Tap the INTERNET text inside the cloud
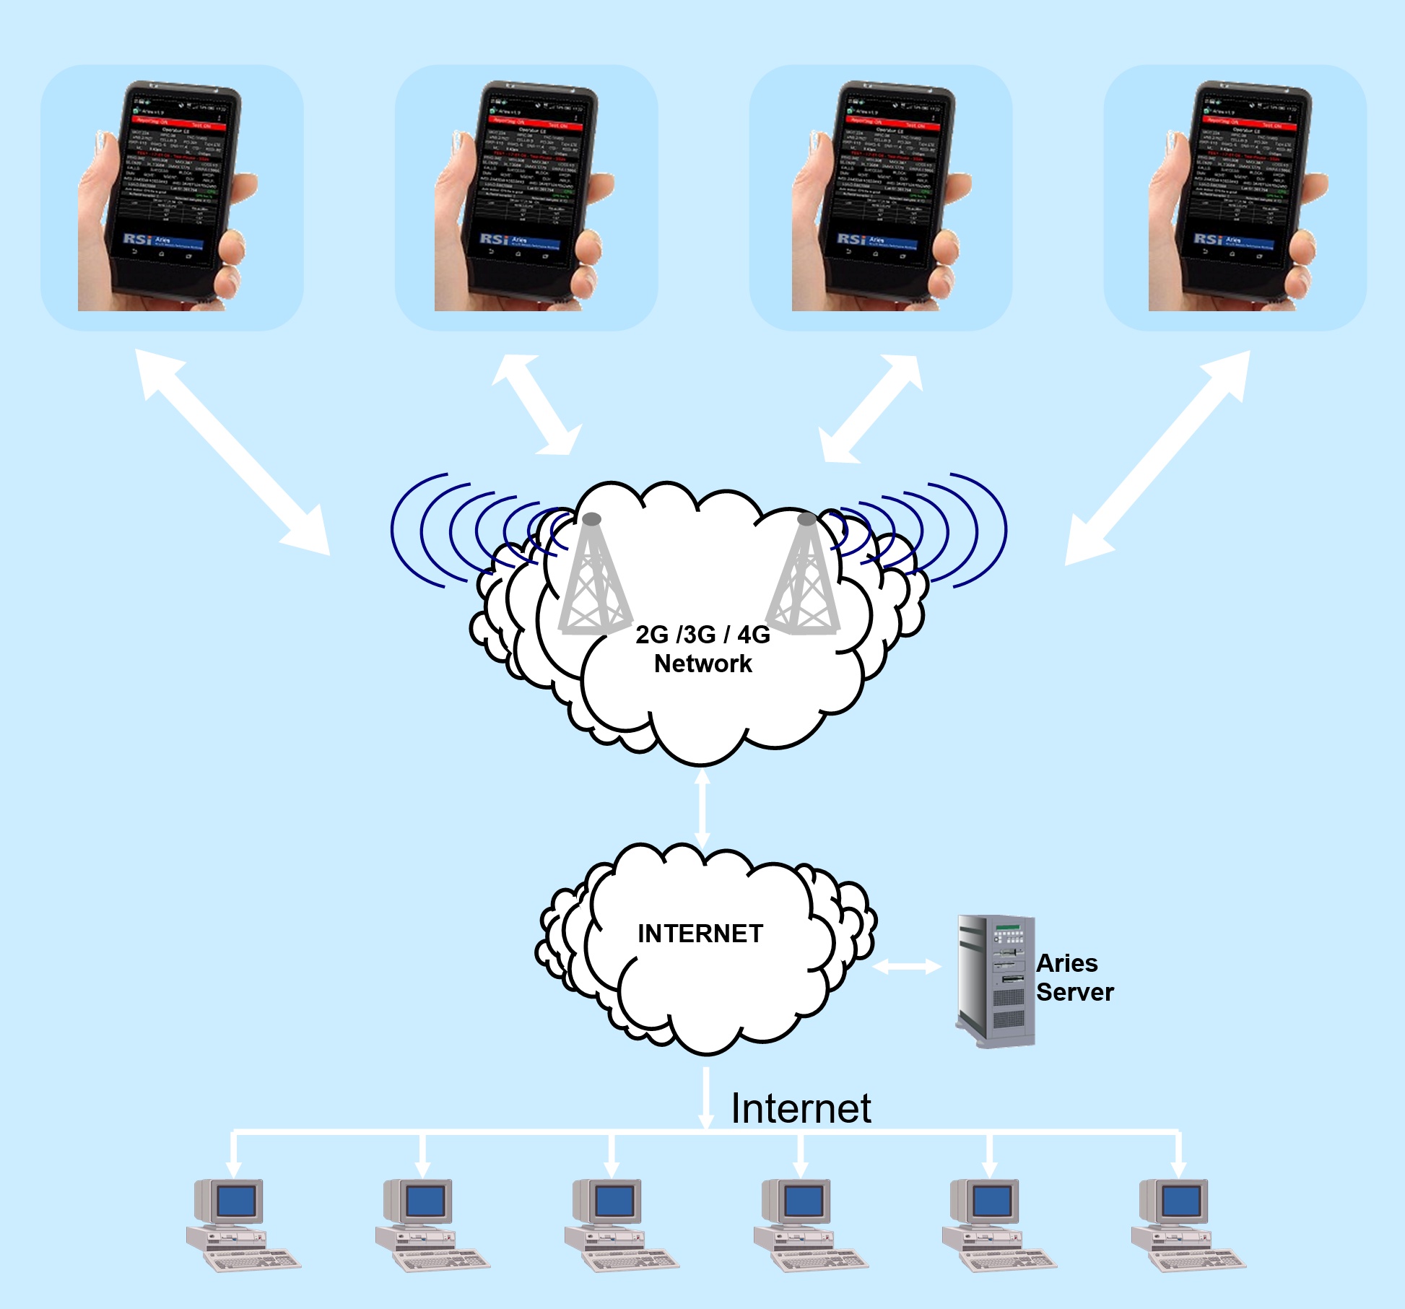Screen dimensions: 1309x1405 (700, 934)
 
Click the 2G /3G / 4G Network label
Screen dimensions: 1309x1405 (702, 649)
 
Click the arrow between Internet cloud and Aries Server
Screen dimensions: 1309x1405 (907, 967)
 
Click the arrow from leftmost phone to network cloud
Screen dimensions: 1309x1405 (232, 453)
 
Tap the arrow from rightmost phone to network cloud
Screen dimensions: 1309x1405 (1157, 457)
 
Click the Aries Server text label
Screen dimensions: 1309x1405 (1074, 978)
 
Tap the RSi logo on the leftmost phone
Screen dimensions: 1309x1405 (137, 239)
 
